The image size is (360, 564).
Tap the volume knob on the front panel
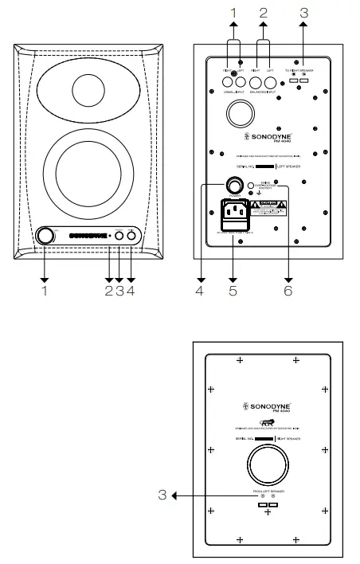(x=46, y=236)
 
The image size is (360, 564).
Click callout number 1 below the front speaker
(x=45, y=291)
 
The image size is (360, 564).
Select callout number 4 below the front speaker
(x=131, y=291)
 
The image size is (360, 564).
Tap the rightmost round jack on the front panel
(x=132, y=235)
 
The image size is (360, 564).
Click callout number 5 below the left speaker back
(x=233, y=291)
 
